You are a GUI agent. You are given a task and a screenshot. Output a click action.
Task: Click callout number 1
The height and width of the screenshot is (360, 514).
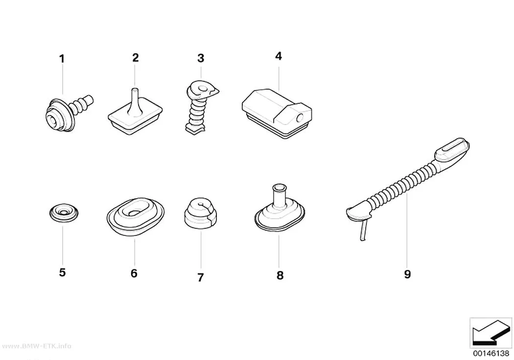[62, 59]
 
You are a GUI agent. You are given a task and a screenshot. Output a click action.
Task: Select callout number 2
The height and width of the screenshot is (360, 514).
[136, 58]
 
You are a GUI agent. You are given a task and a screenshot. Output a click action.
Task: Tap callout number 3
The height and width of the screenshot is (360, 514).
[201, 58]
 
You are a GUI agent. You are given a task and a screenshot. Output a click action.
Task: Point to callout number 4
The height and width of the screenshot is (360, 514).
[279, 56]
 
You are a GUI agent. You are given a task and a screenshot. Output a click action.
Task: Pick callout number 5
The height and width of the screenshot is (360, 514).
[62, 272]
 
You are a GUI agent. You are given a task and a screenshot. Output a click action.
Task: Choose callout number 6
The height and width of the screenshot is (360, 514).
[134, 273]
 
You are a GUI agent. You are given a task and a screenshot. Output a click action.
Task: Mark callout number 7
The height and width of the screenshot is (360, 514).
[201, 277]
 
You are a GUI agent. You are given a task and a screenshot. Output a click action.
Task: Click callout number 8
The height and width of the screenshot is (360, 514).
[280, 275]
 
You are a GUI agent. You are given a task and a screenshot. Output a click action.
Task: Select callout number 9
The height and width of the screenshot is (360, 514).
[407, 274]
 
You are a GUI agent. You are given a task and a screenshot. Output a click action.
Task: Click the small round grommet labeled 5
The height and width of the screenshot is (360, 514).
[64, 213]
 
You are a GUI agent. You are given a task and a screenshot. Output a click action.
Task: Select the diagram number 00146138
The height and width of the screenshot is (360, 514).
[491, 353]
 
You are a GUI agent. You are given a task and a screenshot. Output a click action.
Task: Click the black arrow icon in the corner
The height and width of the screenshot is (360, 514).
[491, 333]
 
